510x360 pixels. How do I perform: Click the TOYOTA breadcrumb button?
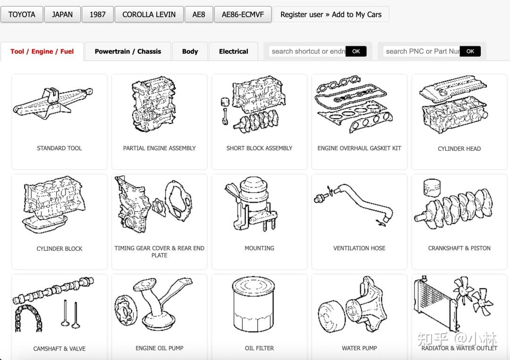(22, 15)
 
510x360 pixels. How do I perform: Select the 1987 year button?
(98, 15)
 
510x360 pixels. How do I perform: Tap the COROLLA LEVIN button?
(149, 15)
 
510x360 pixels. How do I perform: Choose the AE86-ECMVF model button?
(243, 15)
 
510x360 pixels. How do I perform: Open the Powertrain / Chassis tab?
(128, 51)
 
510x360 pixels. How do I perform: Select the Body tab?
(190, 51)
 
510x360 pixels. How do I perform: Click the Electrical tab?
(234, 51)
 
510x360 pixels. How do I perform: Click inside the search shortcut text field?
(307, 51)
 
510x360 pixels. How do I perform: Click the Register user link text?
(301, 15)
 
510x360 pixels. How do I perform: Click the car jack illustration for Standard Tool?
(53, 102)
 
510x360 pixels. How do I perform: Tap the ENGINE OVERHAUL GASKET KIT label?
(359, 148)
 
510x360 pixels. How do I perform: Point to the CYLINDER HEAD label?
(459, 149)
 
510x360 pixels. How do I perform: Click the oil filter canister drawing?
(254, 304)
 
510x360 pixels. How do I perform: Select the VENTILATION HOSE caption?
(359, 248)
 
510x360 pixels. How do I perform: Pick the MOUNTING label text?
(259, 248)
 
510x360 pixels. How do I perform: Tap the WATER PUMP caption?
(359, 348)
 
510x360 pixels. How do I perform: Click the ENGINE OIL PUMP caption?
(160, 348)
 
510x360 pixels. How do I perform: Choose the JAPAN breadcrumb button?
(62, 15)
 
